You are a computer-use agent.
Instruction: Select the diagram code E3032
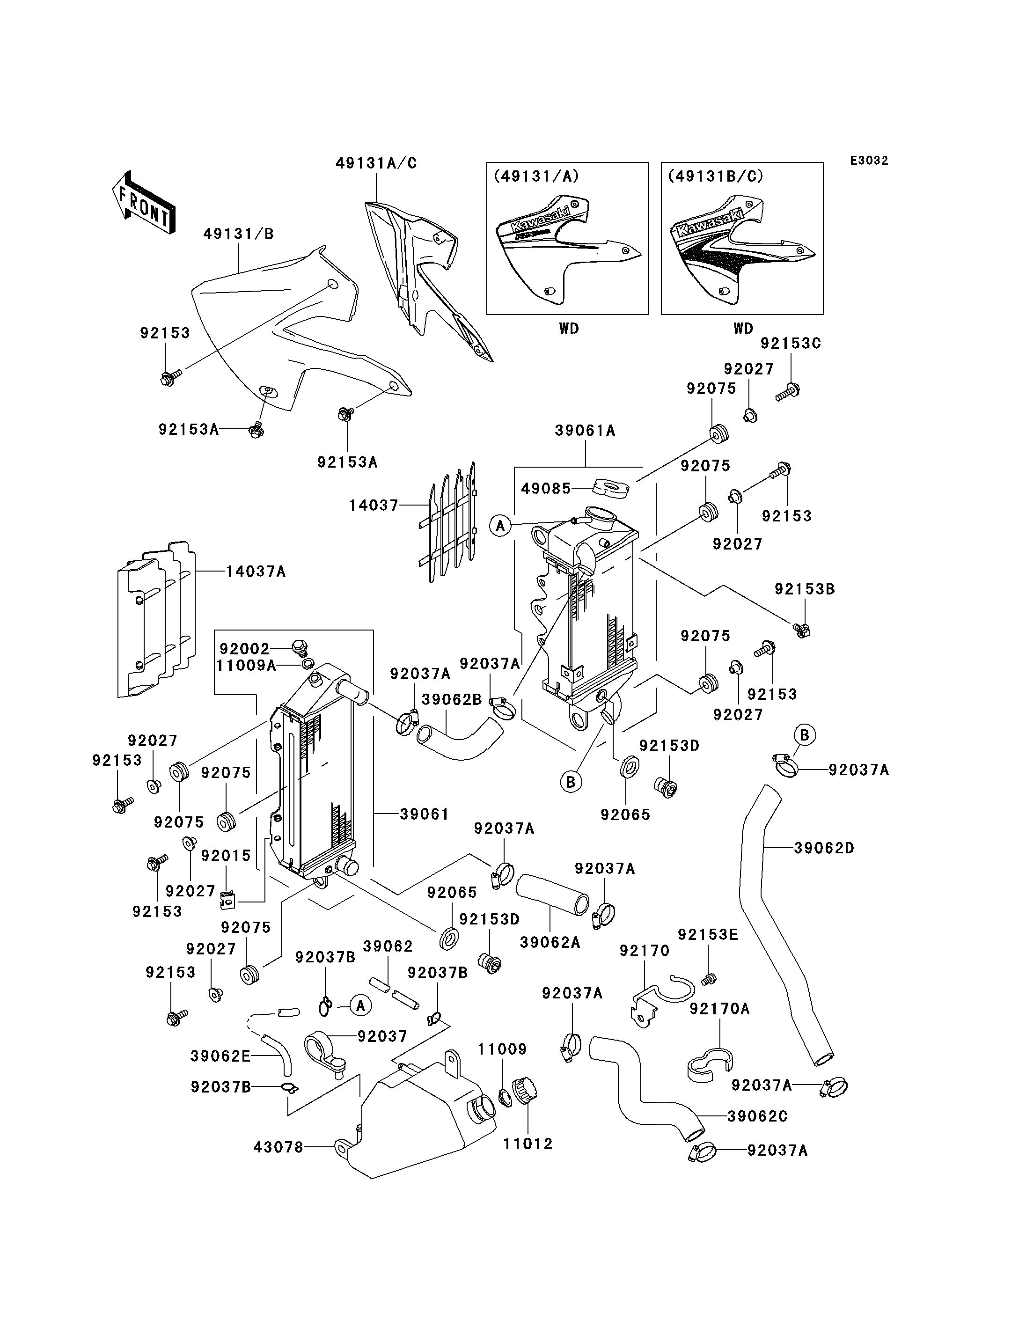click(869, 161)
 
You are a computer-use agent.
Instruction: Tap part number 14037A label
click(256, 571)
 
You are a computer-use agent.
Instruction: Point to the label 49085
click(546, 488)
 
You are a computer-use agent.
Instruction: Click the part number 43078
click(278, 1147)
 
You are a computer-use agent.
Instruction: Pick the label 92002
click(244, 649)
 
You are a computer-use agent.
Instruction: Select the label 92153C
click(791, 343)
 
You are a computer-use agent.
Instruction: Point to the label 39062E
click(220, 1056)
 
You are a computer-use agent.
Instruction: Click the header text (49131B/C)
click(715, 176)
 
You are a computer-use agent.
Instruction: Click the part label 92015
click(226, 856)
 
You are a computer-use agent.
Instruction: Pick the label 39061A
click(585, 430)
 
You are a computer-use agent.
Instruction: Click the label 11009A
click(246, 665)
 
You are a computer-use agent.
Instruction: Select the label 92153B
click(805, 589)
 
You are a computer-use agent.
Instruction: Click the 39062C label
click(757, 1116)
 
